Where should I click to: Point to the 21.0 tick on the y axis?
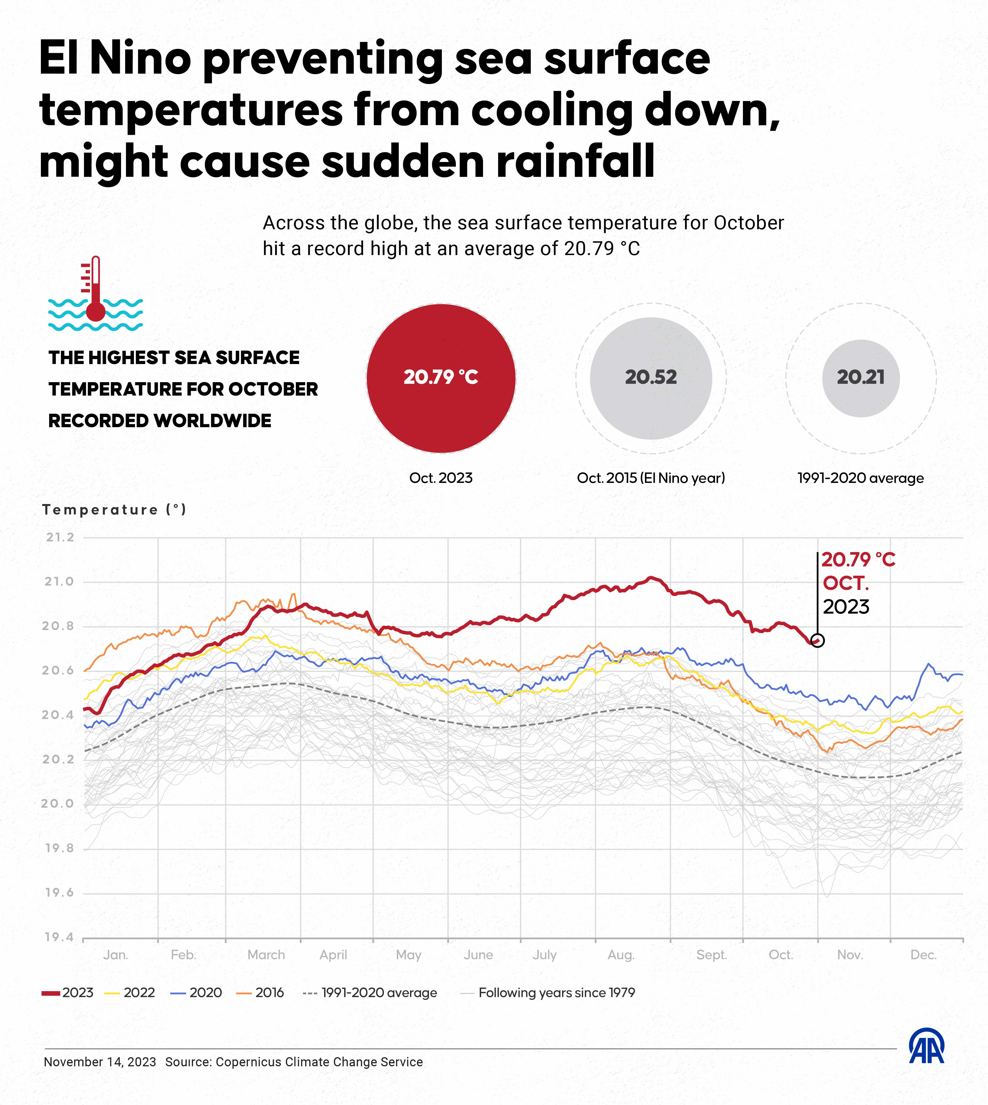tap(59, 581)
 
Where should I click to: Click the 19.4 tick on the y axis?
tap(59, 937)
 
